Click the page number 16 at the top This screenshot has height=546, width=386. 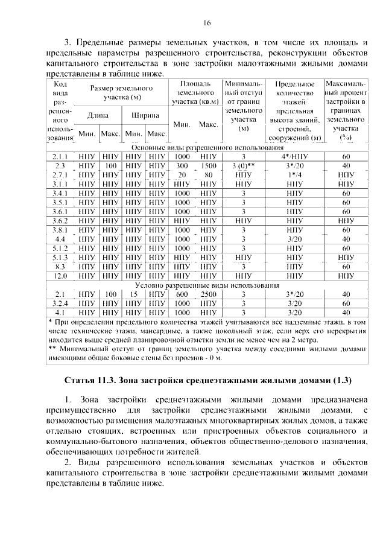(x=207, y=23)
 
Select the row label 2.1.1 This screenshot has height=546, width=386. (x=60, y=156)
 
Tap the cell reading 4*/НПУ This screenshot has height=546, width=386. (x=294, y=156)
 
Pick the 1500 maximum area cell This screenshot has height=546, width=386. (x=208, y=165)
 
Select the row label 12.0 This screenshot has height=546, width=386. (x=60, y=275)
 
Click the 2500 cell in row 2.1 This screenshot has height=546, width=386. (x=208, y=294)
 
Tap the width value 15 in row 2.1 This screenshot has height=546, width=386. (x=134, y=294)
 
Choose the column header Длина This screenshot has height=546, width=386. (x=98, y=115)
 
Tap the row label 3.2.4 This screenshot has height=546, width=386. (x=60, y=303)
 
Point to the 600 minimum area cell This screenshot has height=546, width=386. (x=182, y=294)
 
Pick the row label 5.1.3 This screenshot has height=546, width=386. (x=60, y=257)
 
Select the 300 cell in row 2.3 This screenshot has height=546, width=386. (x=182, y=165)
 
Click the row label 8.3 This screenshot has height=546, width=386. (x=60, y=266)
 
